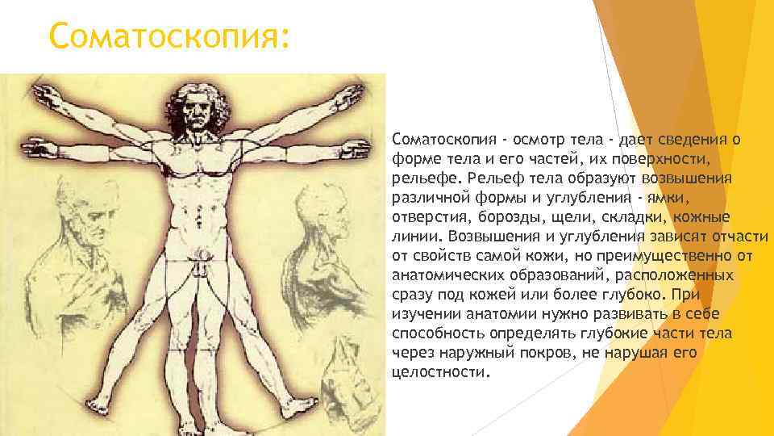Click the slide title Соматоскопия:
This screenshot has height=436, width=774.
[x=168, y=36]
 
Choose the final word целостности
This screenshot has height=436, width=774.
[x=439, y=372]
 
